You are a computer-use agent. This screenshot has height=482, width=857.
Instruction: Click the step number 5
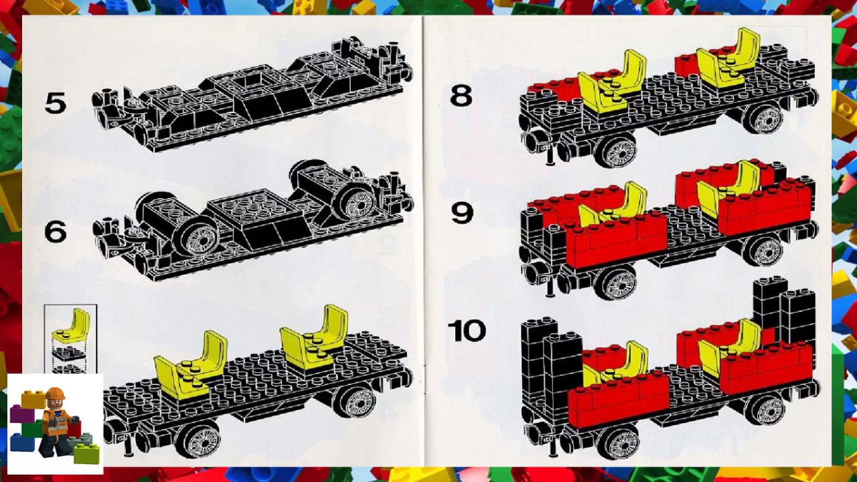56,103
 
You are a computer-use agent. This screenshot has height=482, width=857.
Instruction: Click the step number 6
56,232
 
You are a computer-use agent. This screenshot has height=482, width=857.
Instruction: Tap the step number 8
461,96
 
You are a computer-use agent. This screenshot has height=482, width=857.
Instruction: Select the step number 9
462,213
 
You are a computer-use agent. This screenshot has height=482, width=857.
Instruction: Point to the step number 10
467,331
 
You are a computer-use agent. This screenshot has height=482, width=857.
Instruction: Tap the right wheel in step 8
765,119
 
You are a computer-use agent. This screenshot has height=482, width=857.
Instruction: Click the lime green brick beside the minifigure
86,453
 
